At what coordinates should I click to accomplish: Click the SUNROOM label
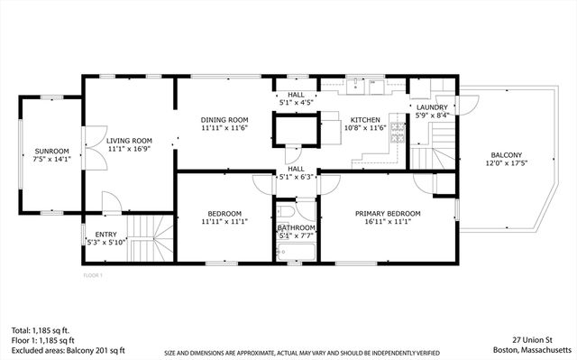(x=51, y=151)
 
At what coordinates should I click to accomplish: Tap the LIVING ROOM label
(x=129, y=141)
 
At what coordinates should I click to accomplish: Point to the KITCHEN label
(x=365, y=119)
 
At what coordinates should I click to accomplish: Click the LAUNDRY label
(x=431, y=107)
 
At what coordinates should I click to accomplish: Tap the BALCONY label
(x=506, y=154)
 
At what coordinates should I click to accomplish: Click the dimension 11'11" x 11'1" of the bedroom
(x=224, y=221)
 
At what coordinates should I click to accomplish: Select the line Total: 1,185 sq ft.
(x=41, y=330)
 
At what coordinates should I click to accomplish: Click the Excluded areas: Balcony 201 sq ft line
(x=67, y=350)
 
